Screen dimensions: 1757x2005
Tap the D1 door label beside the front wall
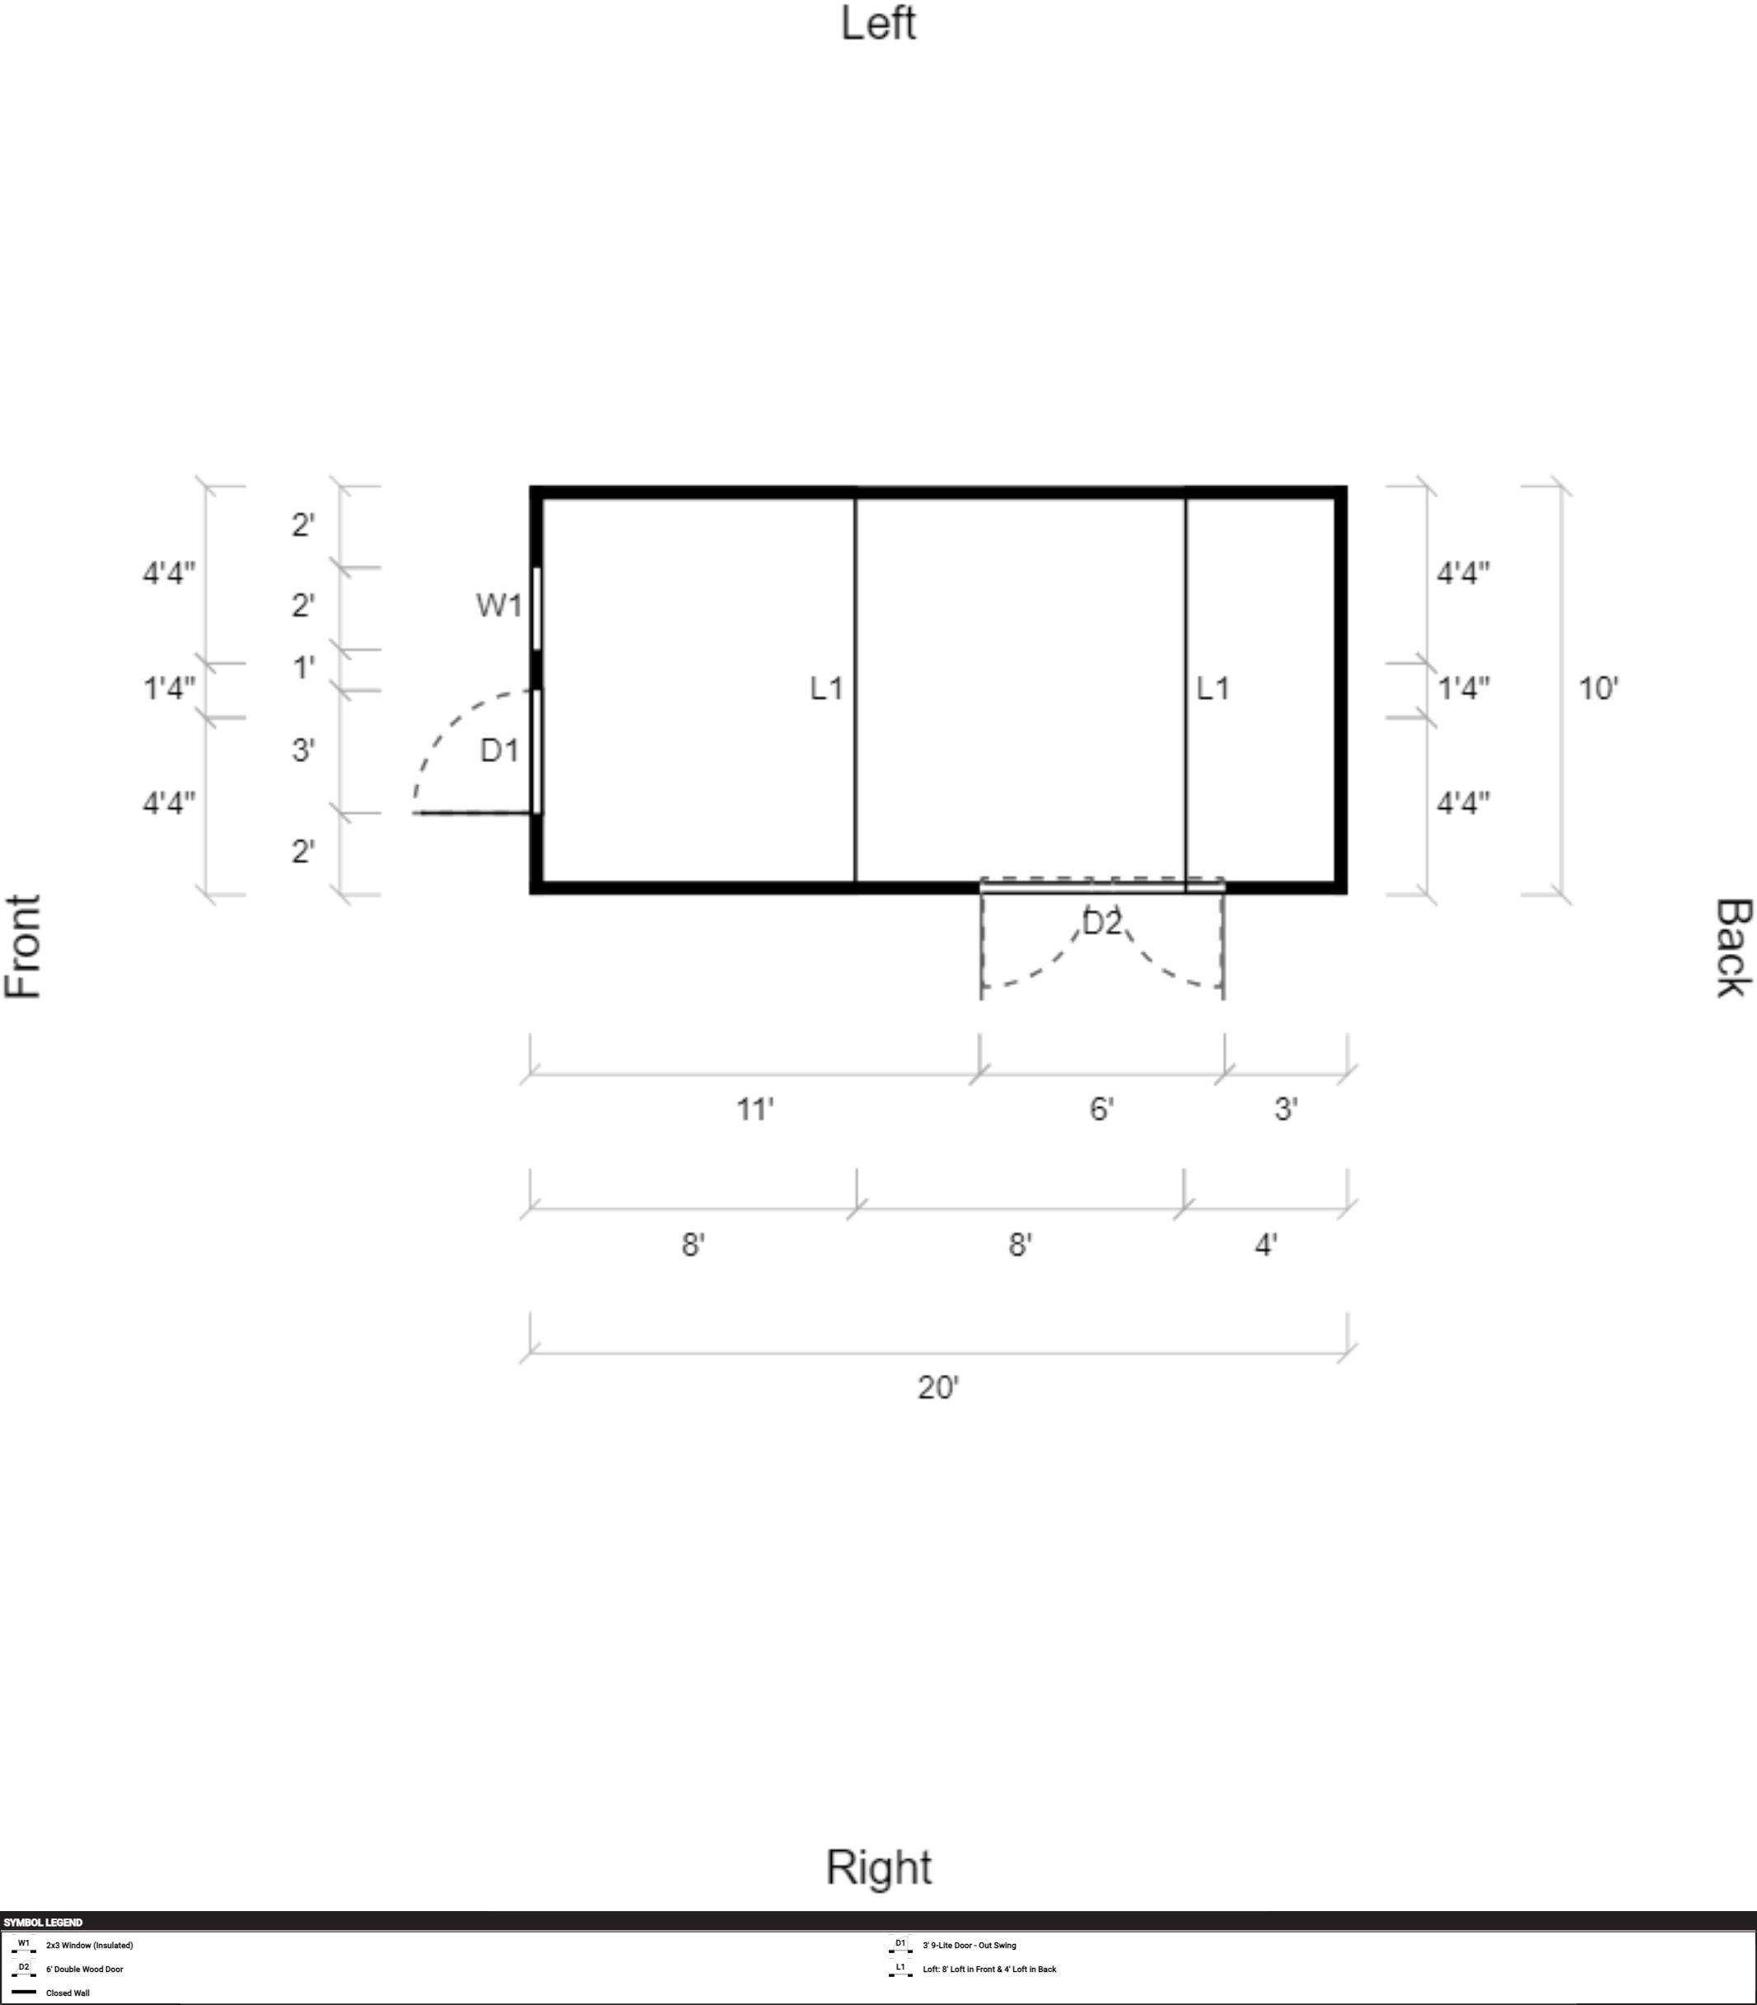click(499, 750)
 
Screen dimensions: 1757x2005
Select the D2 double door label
click(1101, 923)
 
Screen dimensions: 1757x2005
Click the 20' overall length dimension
click(937, 1387)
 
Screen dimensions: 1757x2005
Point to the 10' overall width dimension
click(1597, 689)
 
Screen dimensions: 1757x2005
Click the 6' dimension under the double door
click(1101, 1109)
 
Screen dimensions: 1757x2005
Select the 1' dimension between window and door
click(304, 668)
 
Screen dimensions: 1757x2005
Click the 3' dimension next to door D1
click(303, 750)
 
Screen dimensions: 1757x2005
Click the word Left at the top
click(878, 24)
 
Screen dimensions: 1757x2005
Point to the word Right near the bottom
click(878, 1867)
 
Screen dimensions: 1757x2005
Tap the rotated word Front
click(24, 946)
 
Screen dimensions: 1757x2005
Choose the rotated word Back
click(1732, 948)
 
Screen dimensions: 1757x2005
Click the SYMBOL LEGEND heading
click(43, 1923)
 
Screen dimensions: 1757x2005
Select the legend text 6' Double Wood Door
click(84, 1969)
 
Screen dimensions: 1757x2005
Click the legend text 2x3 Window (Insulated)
click(89, 1945)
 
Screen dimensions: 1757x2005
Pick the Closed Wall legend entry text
click(68, 1993)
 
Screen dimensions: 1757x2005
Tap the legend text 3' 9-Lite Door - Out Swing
click(969, 1945)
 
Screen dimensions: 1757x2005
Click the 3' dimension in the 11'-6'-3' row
click(1285, 1109)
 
